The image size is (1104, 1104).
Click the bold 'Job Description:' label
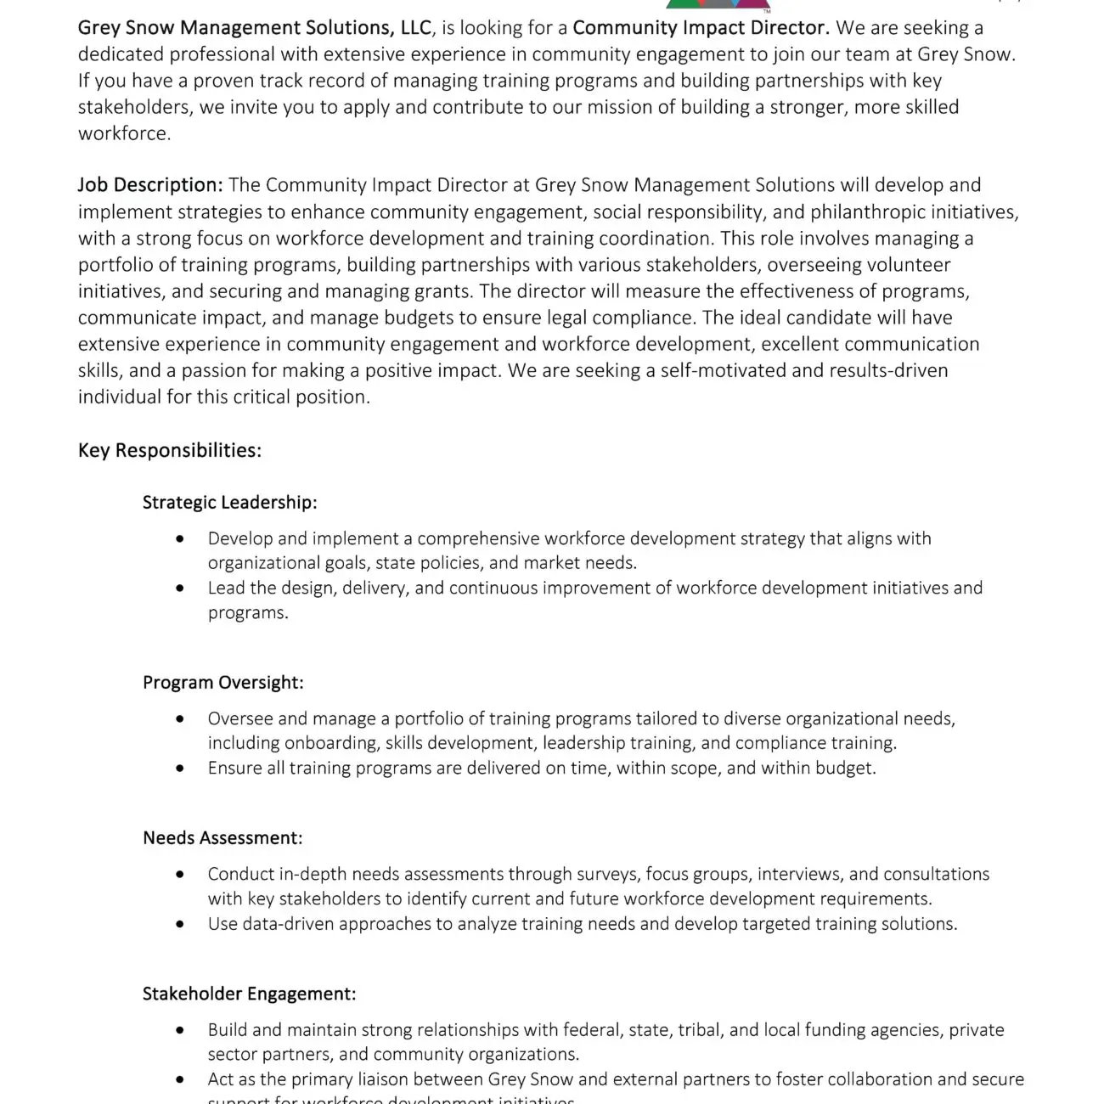150,185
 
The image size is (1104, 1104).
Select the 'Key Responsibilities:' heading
169,450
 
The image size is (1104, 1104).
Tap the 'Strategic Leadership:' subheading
229,502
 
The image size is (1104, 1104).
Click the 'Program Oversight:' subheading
222,683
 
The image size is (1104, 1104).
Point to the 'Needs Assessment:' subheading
222,838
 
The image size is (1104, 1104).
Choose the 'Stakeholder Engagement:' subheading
249,994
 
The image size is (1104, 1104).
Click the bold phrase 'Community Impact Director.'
701,28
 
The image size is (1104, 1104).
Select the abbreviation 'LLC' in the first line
416,28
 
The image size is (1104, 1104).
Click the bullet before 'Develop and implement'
179,539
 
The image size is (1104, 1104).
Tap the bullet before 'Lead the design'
179,589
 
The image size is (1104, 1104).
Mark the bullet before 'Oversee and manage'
179,719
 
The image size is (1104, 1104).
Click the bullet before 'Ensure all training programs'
179,769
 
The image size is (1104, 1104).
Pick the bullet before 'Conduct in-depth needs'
179,875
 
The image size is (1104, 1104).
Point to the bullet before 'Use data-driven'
179,924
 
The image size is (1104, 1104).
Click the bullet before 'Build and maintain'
179,1030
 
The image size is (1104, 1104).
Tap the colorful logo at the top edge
707,5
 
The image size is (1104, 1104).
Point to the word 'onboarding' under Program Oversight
332,743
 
